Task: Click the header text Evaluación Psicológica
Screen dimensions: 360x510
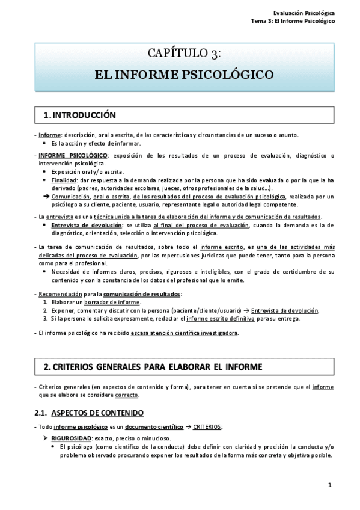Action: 304,13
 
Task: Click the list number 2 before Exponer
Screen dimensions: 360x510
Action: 45,310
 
